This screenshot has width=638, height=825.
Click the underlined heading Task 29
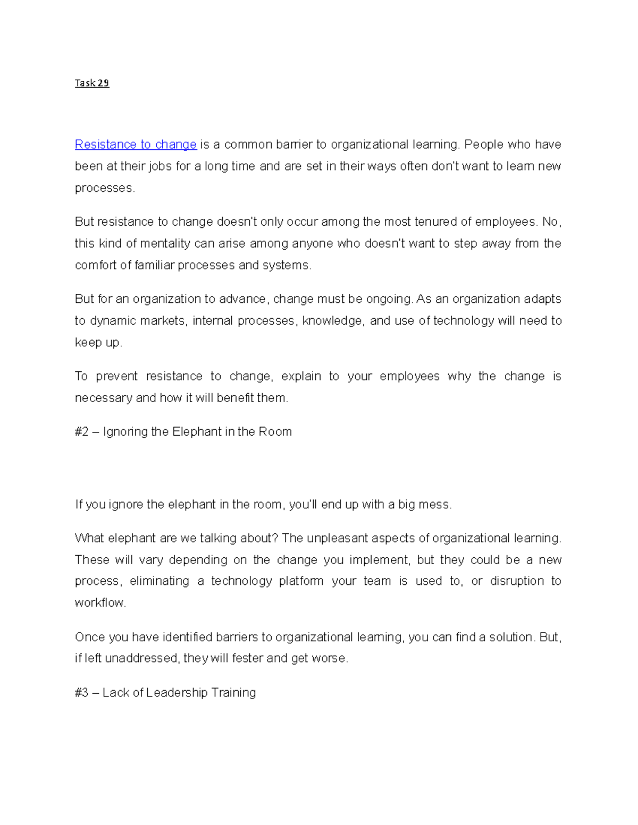[x=92, y=83]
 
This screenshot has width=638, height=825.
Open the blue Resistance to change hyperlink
[x=136, y=144]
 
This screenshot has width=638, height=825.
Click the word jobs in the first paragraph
[x=160, y=166]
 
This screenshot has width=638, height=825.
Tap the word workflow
[x=100, y=603]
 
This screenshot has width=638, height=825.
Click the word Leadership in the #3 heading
[x=177, y=692]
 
